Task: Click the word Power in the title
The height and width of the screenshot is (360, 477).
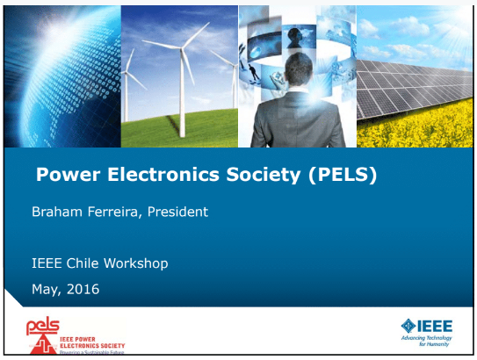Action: (69, 175)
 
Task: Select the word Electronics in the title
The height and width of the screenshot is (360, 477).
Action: (163, 175)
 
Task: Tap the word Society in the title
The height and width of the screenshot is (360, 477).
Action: (264, 175)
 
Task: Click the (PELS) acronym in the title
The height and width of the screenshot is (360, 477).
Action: (343, 175)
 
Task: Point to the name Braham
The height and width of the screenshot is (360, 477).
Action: (57, 212)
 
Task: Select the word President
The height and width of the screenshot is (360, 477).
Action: (178, 212)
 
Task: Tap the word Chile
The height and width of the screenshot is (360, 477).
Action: (83, 263)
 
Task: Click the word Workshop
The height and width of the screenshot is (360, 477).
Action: (136, 263)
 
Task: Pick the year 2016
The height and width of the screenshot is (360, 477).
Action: (83, 289)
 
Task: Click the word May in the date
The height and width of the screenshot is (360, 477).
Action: (45, 290)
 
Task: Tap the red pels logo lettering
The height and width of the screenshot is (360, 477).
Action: (42, 327)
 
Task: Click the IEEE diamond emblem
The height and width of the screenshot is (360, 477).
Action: (408, 326)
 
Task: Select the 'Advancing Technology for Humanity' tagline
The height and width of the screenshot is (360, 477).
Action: (427, 341)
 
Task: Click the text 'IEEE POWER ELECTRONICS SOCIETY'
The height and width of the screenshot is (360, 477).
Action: (92, 342)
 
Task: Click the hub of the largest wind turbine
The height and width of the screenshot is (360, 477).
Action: (182, 48)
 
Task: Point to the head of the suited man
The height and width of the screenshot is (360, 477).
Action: (299, 69)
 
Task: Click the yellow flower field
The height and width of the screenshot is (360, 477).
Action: (416, 125)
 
